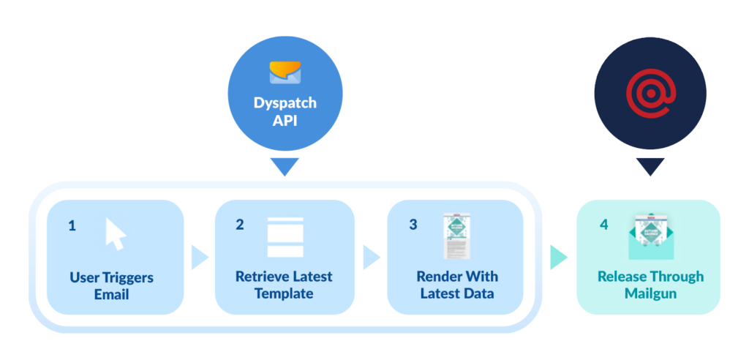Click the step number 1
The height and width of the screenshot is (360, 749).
pyautogui.click(x=72, y=226)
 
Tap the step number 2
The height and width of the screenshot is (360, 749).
pyautogui.click(x=240, y=225)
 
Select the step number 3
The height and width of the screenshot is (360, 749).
pyautogui.click(x=413, y=225)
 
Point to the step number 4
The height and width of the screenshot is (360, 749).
pyautogui.click(x=603, y=225)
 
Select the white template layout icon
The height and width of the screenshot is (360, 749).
pyautogui.click(x=285, y=236)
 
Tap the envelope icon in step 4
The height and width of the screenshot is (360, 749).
pyautogui.click(x=650, y=237)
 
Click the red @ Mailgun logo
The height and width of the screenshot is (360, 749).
pyautogui.click(x=650, y=94)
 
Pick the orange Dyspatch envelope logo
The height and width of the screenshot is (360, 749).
pyautogui.click(x=285, y=72)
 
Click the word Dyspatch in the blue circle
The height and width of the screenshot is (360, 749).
pyautogui.click(x=285, y=103)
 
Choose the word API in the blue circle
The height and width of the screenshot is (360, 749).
pyautogui.click(x=285, y=121)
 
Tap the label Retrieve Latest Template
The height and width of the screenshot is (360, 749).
pyautogui.click(x=284, y=285)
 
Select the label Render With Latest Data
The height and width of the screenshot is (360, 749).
pyautogui.click(x=457, y=285)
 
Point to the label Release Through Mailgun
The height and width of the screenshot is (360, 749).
pyautogui.click(x=650, y=285)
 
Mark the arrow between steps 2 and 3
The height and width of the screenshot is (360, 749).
pyautogui.click(x=371, y=257)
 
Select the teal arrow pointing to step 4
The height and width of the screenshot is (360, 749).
pyautogui.click(x=558, y=256)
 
